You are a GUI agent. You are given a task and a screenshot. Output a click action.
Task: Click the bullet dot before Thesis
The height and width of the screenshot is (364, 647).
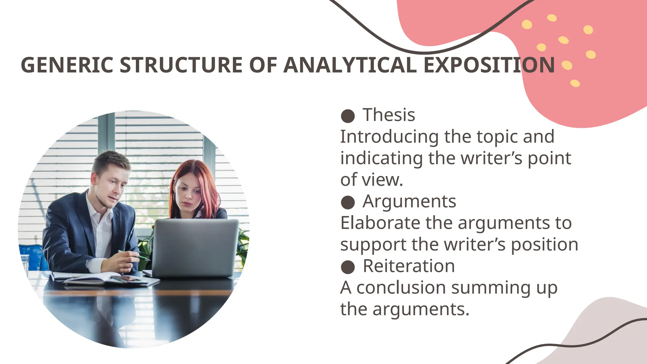click(x=348, y=116)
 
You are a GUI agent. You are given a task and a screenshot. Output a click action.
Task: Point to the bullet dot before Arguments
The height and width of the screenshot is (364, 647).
click(x=348, y=203)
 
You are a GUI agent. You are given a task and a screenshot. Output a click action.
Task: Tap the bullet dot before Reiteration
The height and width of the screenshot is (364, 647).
click(x=348, y=267)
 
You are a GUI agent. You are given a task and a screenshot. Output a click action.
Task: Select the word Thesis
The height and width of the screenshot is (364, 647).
click(x=389, y=115)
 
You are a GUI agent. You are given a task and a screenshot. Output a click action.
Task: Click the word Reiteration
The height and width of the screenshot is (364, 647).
click(x=409, y=266)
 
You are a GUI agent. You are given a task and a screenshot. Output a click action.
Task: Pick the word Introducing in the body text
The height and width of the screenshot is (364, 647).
click(x=389, y=137)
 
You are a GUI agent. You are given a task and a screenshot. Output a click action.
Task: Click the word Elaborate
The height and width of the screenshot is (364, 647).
click(x=380, y=223)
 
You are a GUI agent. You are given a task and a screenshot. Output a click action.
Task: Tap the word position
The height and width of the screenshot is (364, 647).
click(x=544, y=245)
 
